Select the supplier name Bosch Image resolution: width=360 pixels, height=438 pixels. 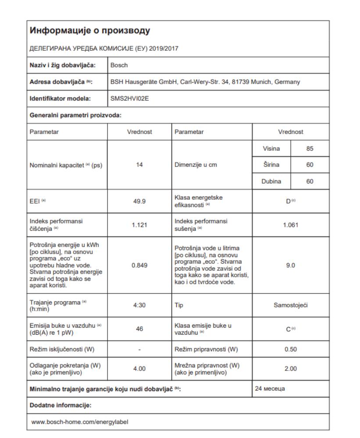tap(119, 65)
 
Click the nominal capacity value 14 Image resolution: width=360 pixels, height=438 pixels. tap(139, 165)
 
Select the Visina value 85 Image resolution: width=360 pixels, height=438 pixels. tap(310, 149)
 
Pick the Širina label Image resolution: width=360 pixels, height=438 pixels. tap(271, 165)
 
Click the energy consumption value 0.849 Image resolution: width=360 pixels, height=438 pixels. tap(139, 265)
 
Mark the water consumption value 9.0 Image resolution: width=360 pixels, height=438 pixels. tap(291, 265)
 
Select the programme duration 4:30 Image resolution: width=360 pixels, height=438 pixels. tap(139, 305)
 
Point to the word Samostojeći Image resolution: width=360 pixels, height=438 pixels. tap(291, 305)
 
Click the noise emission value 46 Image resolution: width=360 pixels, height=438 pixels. tap(139, 329)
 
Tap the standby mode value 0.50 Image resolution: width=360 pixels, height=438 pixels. tap(291, 350)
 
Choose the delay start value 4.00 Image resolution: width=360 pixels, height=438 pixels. tap(139, 369)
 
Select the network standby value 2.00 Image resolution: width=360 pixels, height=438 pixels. tap(291, 369)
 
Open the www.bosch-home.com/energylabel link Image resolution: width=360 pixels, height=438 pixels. tap(80, 422)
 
